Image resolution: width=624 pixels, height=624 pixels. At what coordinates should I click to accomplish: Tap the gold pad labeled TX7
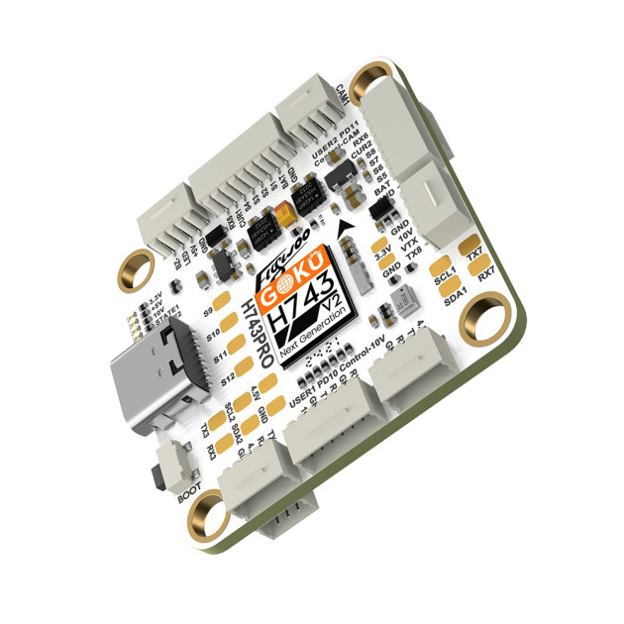(x=473, y=246)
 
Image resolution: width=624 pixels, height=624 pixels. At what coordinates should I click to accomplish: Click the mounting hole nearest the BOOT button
(x=205, y=513)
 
